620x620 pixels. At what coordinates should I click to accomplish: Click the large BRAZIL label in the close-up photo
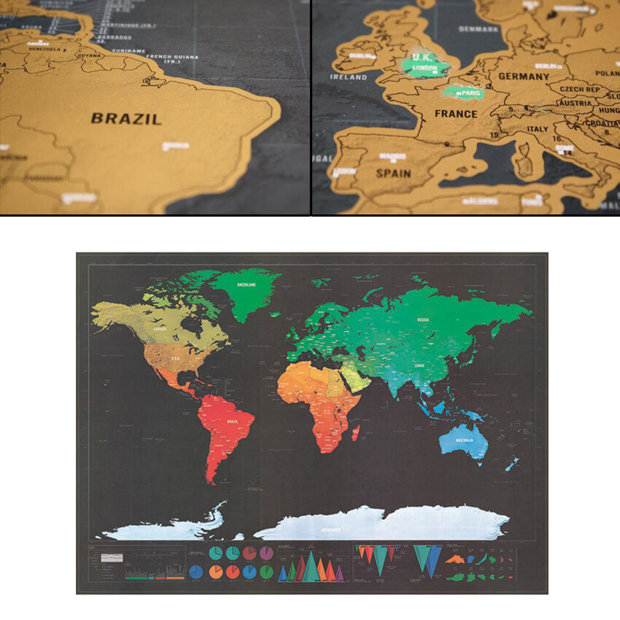[x=126, y=118]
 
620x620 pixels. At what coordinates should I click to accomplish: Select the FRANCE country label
[x=456, y=114]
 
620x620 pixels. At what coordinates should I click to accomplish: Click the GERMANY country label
[x=524, y=76]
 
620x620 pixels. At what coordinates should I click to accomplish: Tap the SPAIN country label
[x=393, y=174]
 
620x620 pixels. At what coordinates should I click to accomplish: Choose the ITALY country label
[x=538, y=129]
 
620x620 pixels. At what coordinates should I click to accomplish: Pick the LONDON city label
[x=425, y=69]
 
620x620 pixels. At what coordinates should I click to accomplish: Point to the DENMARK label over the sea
[x=478, y=29]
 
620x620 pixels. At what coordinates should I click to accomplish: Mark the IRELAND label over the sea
[x=348, y=77]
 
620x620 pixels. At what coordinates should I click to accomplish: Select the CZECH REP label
[x=580, y=89]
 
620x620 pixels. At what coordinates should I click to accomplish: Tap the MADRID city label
[x=392, y=155]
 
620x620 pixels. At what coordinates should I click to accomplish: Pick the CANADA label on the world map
[x=160, y=329]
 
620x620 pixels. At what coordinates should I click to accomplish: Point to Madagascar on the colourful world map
[x=356, y=434]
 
